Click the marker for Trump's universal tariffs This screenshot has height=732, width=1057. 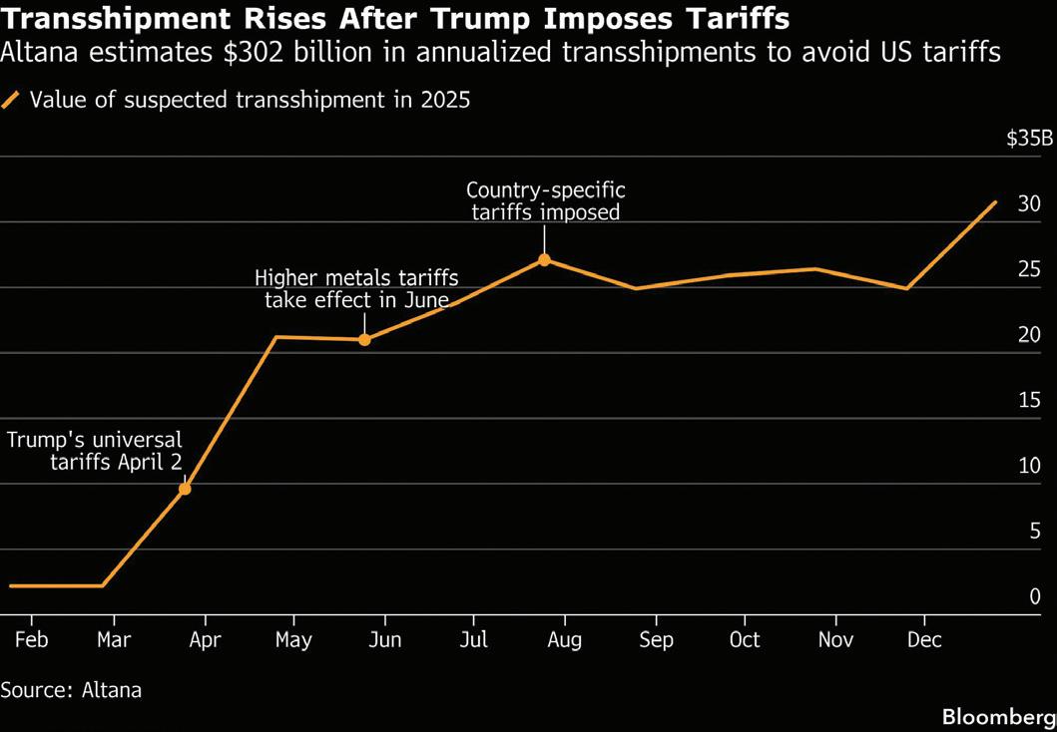coord(185,489)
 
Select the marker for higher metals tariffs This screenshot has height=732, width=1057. coord(364,339)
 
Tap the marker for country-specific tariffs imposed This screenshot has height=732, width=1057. coord(544,260)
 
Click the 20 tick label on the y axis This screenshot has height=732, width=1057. coord(1029,334)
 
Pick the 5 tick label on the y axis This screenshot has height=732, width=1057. coord(1035,531)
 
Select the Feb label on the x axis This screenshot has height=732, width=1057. coord(32,639)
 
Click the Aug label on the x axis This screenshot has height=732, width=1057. coord(565,639)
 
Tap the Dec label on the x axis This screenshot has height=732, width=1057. coord(924,639)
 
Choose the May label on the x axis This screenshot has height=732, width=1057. coord(294,639)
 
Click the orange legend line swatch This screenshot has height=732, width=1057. coord(11,99)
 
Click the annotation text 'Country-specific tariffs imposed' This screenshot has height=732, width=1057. coord(545,200)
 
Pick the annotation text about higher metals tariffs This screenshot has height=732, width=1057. coord(356,288)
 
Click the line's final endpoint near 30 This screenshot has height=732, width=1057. coord(995,202)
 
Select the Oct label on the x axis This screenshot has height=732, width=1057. coord(745,639)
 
